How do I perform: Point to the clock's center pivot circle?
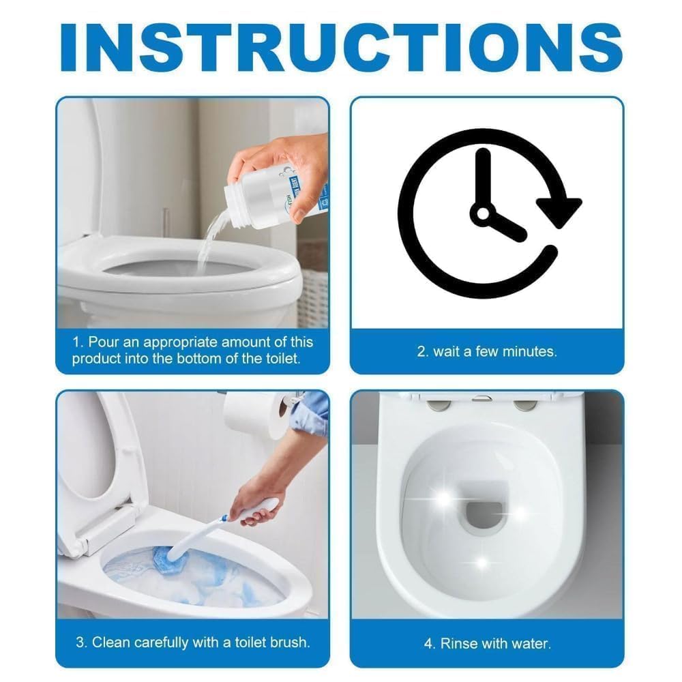[x=484, y=214]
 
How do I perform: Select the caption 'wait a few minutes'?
[x=487, y=352]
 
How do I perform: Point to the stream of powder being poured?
[x=205, y=239]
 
